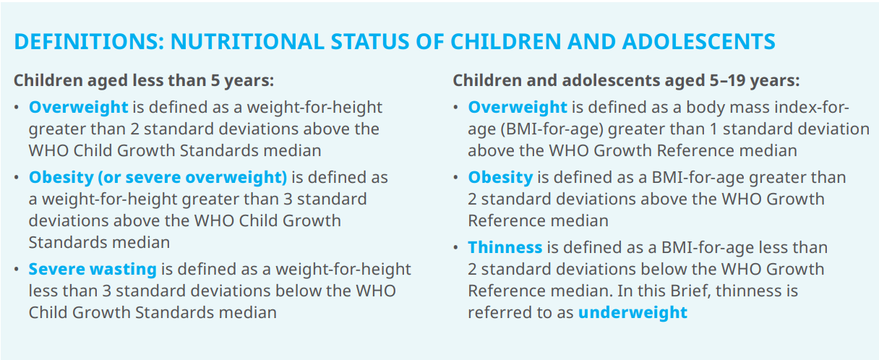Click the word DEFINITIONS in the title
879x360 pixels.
(89, 42)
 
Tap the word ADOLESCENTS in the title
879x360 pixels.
(698, 42)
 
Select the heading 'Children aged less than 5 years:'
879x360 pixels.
(144, 81)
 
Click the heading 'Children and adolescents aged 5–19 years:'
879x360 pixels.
(626, 81)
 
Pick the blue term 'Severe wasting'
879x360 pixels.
(93, 270)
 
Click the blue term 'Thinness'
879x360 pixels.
(505, 247)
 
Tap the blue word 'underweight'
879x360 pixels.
(633, 313)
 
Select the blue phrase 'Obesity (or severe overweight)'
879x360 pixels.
(158, 177)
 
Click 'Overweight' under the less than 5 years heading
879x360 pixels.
(79, 108)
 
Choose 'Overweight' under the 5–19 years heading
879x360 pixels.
(518, 108)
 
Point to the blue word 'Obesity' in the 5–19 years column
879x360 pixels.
(500, 177)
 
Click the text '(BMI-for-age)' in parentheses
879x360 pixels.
(552, 129)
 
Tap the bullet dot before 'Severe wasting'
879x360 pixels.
(17, 270)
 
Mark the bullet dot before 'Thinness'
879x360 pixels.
(455, 248)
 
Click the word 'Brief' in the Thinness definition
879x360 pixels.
(690, 291)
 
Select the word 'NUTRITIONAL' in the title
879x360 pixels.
(247, 42)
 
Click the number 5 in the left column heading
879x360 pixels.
(215, 80)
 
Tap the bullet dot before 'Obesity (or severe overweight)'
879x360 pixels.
(17, 178)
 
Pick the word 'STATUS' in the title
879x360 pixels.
(369, 42)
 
